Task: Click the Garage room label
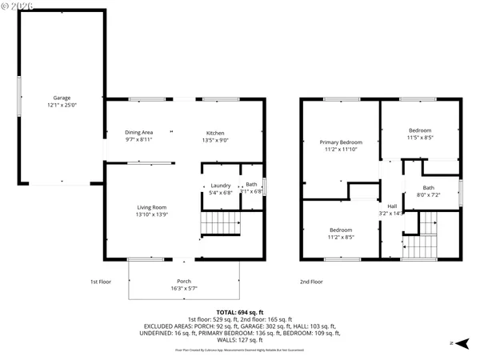click(x=61, y=97)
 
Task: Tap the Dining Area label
click(x=138, y=132)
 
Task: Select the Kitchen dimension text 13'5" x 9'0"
click(x=215, y=139)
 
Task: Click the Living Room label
click(x=150, y=207)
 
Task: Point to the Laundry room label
click(x=220, y=185)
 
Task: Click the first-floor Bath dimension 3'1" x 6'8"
click(x=251, y=191)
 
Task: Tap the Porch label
click(x=184, y=281)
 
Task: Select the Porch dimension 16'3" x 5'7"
click(x=184, y=288)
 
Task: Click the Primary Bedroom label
click(x=341, y=142)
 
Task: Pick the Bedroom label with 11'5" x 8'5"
click(x=420, y=130)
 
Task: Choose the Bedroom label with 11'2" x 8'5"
click(x=341, y=230)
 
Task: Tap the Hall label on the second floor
click(x=392, y=206)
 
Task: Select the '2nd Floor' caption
click(x=311, y=282)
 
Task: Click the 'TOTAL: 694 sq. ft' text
click(x=240, y=311)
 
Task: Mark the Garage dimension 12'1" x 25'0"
click(x=61, y=104)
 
